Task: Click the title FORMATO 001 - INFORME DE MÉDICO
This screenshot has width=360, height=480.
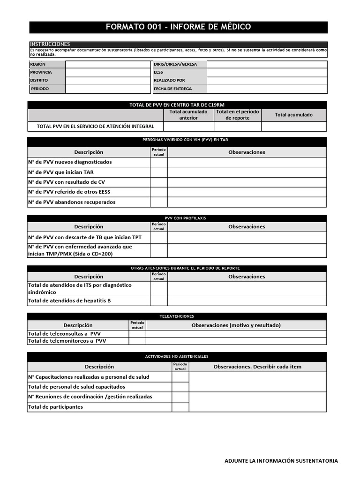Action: tap(178, 27)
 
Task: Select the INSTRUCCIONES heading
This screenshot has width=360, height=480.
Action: tap(50, 44)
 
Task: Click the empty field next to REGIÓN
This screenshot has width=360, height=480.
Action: tap(107, 64)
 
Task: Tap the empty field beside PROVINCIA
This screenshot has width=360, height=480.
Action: tap(107, 73)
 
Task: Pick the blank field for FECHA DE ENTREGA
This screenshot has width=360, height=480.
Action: tap(267, 89)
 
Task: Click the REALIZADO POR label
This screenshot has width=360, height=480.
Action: tap(169, 81)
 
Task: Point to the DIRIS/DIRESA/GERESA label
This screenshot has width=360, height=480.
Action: tap(175, 64)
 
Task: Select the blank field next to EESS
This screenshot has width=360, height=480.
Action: tap(267, 73)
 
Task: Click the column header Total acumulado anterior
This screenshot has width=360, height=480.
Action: tap(188, 115)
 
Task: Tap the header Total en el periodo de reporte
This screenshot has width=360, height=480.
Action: tap(238, 115)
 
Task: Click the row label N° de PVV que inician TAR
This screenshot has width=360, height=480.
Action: tap(61, 172)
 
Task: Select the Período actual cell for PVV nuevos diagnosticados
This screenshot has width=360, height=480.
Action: tap(159, 162)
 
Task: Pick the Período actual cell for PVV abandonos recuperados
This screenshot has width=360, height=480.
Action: tap(159, 202)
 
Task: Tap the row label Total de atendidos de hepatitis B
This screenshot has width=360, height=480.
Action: tap(69, 301)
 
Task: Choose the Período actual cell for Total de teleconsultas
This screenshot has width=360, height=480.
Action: tap(137, 334)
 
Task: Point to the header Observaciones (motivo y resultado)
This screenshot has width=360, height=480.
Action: tap(236, 325)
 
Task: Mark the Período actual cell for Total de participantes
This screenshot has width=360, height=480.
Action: tap(180, 407)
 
